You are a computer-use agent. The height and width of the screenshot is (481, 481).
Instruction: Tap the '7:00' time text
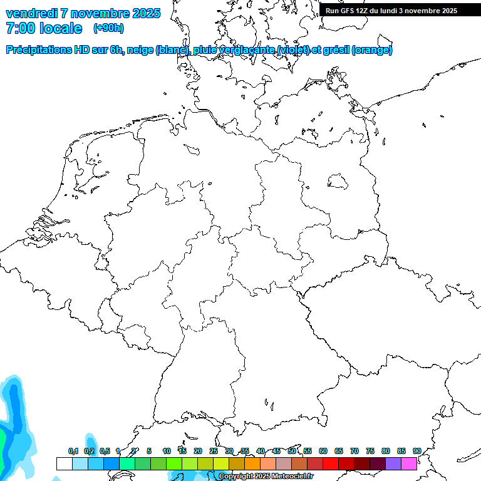(x=19, y=28)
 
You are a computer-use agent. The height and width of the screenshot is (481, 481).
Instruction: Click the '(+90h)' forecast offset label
(x=108, y=28)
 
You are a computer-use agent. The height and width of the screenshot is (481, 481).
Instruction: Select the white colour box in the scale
(x=64, y=463)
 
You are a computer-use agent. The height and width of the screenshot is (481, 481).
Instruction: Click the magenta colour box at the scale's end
(x=409, y=463)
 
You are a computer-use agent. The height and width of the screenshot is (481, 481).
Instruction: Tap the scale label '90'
(x=416, y=451)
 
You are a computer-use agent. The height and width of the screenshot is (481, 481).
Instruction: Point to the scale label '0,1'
(x=73, y=451)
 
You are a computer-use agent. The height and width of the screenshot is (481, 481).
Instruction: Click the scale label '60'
(x=323, y=451)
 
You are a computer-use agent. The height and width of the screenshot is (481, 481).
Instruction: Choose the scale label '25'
(x=214, y=451)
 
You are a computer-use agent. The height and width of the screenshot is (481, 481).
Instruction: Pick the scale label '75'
(x=370, y=451)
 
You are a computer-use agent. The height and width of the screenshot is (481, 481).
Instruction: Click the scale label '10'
(x=167, y=451)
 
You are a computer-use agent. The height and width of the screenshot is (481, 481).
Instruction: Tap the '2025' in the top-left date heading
(x=144, y=13)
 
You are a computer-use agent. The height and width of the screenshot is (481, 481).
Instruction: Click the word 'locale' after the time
(x=60, y=28)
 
